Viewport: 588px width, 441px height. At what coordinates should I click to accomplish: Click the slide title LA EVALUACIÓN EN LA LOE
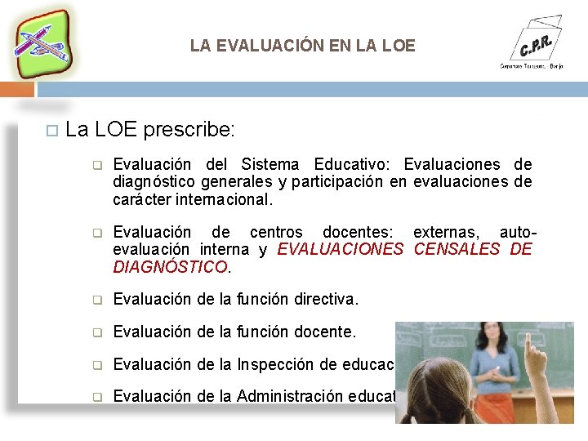(302, 46)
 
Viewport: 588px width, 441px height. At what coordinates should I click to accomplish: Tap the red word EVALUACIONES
(341, 249)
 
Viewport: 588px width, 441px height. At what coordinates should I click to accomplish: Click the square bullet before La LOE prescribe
(51, 130)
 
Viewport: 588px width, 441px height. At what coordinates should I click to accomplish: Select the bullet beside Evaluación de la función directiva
(96, 301)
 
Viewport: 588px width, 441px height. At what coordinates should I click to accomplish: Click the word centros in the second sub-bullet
(276, 233)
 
